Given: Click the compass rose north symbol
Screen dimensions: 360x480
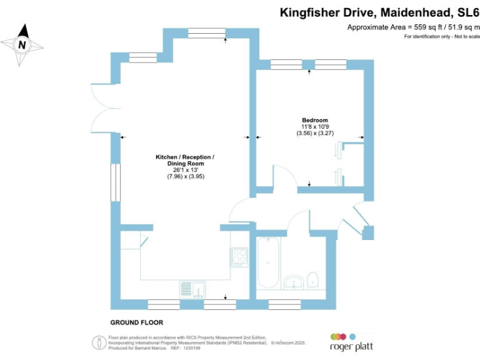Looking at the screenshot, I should (x=22, y=44).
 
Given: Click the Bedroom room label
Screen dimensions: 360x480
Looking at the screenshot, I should (x=315, y=120).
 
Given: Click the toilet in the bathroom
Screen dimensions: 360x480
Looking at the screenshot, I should (x=314, y=279).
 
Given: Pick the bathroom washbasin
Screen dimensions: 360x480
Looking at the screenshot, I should (x=293, y=281).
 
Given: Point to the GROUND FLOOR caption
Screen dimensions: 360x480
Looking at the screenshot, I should (x=136, y=322).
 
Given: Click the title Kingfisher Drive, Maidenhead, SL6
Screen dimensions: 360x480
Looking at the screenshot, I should (x=379, y=12).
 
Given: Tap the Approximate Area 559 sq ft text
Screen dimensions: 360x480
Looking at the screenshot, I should (x=412, y=27).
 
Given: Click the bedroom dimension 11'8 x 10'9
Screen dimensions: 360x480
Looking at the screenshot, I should (x=315, y=127).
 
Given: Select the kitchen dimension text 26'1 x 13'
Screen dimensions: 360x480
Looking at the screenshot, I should (x=186, y=170).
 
